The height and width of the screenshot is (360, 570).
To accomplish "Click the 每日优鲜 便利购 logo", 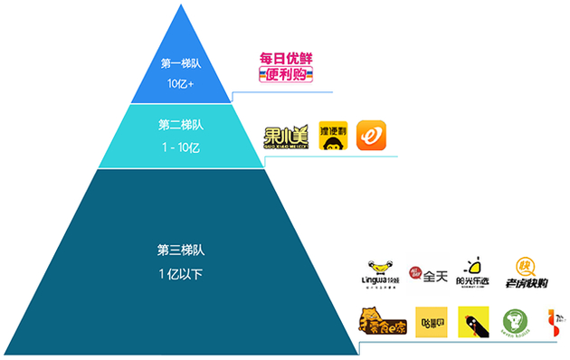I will pos(285,68).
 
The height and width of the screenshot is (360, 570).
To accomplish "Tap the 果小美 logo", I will pos(285,137).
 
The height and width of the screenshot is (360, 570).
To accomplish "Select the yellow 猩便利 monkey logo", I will pos(333,137).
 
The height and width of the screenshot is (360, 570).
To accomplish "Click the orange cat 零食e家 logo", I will pos(380,322).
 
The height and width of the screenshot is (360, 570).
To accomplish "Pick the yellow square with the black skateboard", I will pos(473,322).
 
